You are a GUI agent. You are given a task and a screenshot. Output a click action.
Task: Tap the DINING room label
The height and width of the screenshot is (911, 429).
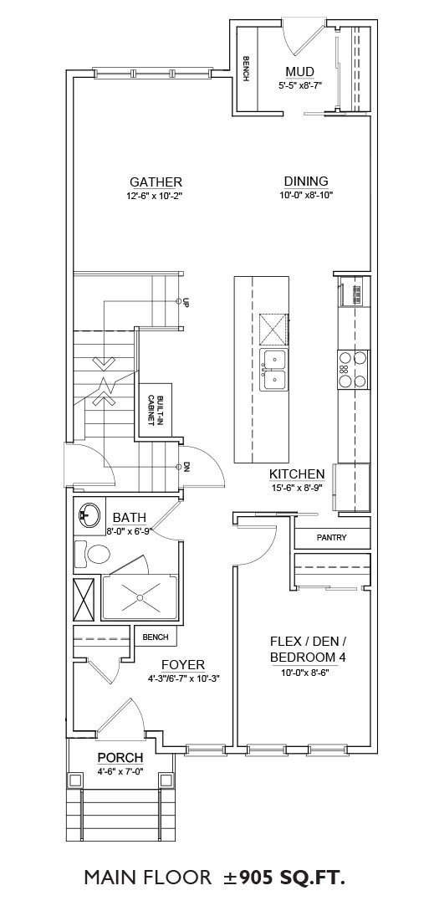click(306, 182)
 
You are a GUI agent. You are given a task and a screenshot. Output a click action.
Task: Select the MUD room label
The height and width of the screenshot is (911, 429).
click(299, 72)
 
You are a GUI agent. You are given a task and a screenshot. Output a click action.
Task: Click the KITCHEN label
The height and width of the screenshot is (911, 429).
click(296, 474)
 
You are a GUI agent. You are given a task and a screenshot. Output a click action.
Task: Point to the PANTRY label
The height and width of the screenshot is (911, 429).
click(331, 538)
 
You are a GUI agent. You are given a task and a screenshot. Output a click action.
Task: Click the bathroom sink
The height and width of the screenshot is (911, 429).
click(87, 514)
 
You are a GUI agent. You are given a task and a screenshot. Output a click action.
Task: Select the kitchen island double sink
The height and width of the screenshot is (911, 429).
click(273, 370)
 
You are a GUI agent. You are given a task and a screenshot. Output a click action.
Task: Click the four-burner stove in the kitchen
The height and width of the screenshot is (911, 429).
click(352, 369)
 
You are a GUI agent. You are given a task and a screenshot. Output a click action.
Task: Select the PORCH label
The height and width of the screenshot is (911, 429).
click(120, 758)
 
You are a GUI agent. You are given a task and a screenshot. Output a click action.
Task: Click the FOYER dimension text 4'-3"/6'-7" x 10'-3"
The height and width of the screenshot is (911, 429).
click(183, 678)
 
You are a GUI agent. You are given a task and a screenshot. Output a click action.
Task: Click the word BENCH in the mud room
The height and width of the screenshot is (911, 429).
click(247, 69)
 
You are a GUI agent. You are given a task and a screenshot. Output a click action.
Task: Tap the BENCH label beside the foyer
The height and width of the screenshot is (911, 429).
click(155, 637)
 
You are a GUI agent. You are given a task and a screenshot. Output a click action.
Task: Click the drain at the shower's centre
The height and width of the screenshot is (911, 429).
click(140, 596)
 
